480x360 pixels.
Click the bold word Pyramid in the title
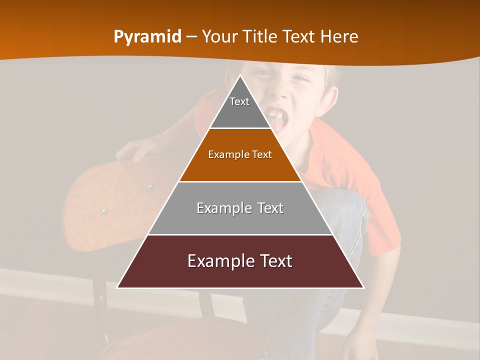pyautogui.click(x=147, y=37)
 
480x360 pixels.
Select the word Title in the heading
pyautogui.click(x=261, y=36)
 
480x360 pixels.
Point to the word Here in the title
pyautogui.click(x=339, y=36)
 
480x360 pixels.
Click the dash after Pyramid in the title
pyautogui.click(x=191, y=37)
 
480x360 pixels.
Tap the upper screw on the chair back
pyautogui.click(x=149, y=188)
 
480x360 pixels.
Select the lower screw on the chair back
pyautogui.click(x=103, y=212)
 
